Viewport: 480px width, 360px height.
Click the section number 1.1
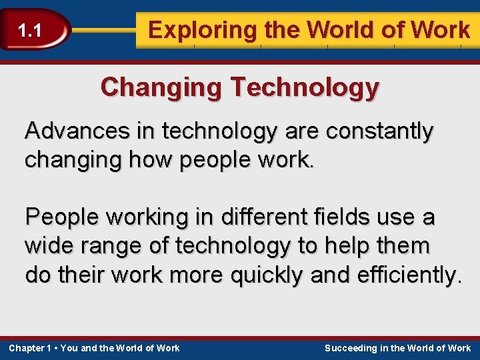click(29, 30)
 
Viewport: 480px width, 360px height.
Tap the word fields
click(331, 217)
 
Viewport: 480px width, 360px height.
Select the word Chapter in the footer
click(26, 348)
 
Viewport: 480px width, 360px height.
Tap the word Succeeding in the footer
click(351, 348)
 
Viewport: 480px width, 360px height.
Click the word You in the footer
click(69, 348)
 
